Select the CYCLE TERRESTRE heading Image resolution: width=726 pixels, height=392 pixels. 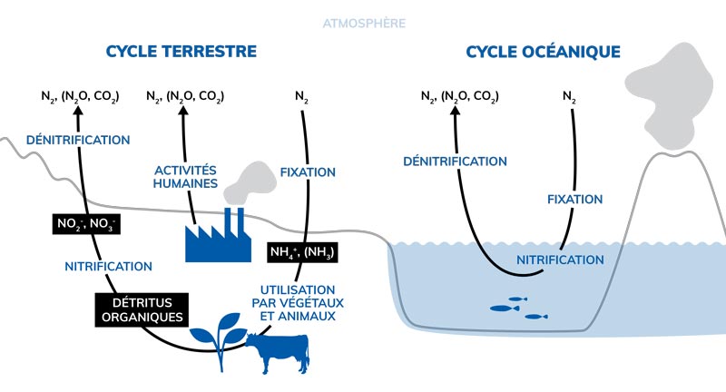tap(181, 52)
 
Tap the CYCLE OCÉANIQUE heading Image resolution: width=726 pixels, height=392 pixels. tap(544, 52)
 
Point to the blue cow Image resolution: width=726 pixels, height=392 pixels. tap(278, 351)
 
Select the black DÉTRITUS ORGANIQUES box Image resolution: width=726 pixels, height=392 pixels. tap(142, 309)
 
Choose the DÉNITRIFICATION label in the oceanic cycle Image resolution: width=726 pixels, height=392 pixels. tap(455, 162)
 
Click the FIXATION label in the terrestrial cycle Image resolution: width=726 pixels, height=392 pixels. tap(309, 171)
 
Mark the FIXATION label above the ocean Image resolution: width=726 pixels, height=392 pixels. tap(575, 199)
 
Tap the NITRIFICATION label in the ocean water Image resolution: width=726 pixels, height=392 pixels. tap(560, 260)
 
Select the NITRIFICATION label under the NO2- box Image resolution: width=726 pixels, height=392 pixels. tap(109, 267)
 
